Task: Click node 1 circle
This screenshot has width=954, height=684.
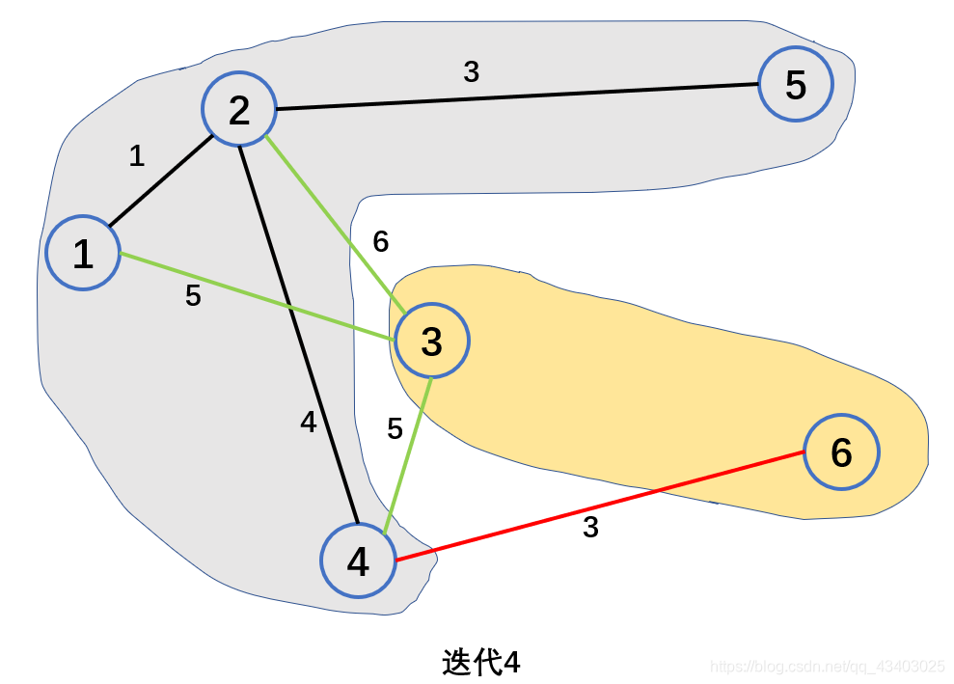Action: coord(83,253)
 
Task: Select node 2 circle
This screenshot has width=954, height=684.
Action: coord(239,110)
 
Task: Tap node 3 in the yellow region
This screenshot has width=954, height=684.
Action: coord(431,341)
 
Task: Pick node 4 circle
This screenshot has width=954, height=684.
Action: coord(358,561)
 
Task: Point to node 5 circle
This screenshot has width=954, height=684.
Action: coord(796,84)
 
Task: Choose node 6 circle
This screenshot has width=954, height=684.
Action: coord(841,451)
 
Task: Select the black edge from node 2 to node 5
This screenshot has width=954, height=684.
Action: coord(516,96)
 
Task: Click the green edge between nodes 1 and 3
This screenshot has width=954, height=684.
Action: coord(256,296)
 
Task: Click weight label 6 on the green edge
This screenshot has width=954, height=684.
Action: coord(381,242)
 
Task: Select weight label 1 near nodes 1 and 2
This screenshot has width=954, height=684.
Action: coord(137,155)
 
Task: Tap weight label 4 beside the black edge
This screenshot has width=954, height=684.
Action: coord(308,422)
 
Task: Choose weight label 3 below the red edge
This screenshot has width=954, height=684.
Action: coord(590,528)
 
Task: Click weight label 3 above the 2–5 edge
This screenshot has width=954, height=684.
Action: coord(471,71)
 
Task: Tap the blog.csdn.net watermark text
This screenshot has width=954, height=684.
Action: coord(827,667)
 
